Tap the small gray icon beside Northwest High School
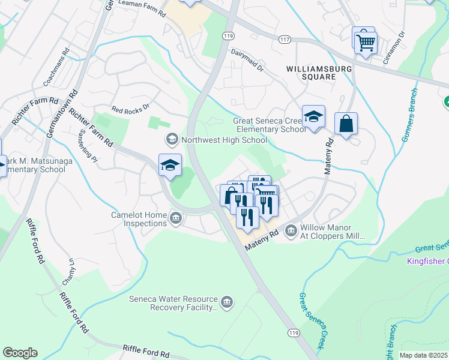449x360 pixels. click(x=172, y=140)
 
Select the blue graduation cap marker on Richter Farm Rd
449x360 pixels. click(x=170, y=165)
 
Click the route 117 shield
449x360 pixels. click(x=284, y=39)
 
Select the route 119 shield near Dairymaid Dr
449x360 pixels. click(x=228, y=36)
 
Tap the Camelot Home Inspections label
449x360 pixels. click(x=139, y=219)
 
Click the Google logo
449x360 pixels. click(x=20, y=353)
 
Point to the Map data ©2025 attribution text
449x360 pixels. click(x=423, y=355)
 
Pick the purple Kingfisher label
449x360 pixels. click(x=427, y=261)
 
